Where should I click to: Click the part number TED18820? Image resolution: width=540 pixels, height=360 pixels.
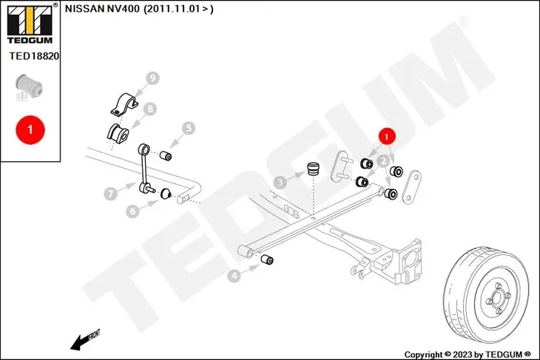[34, 55]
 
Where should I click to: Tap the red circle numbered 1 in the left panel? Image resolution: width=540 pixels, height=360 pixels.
[30, 129]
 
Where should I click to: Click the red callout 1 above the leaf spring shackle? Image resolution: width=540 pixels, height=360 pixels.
[387, 135]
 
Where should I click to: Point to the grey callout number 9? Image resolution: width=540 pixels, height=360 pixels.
[153, 78]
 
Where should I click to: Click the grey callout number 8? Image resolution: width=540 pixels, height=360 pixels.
[150, 109]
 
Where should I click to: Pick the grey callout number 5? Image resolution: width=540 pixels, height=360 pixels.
[189, 128]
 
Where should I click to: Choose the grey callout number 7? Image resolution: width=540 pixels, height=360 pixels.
[110, 194]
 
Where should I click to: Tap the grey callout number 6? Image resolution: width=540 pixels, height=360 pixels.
[132, 211]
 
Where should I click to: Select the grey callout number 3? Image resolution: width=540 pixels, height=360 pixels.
[280, 181]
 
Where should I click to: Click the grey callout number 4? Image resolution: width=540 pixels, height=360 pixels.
[234, 276]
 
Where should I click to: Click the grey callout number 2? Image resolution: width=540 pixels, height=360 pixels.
[385, 159]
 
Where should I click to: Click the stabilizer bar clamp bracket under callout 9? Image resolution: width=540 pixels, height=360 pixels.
[126, 104]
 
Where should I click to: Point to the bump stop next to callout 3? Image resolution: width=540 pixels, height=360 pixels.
[314, 169]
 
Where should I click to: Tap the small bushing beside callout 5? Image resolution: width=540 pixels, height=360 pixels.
[168, 155]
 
